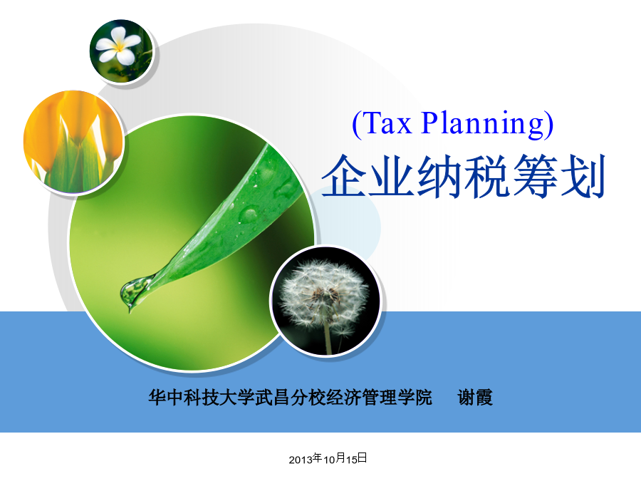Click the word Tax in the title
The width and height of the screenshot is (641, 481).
click(x=387, y=123)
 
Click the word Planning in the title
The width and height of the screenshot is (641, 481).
click(x=483, y=124)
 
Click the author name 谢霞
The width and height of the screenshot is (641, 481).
click(x=475, y=398)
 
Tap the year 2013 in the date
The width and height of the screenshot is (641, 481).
click(x=301, y=460)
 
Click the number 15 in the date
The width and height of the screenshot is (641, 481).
click(x=352, y=460)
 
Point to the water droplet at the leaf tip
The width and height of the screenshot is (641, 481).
click(x=133, y=291)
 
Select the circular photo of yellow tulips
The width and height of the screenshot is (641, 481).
click(x=73, y=142)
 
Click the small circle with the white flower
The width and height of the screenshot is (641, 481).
click(x=121, y=51)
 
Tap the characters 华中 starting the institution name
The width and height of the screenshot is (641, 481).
click(x=166, y=398)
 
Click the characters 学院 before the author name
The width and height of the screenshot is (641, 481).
click(x=415, y=398)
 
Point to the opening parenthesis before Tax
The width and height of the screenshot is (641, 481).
click(x=356, y=124)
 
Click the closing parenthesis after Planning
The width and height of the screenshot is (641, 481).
click(x=549, y=124)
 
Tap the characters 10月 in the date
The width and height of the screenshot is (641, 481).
click(x=335, y=459)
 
